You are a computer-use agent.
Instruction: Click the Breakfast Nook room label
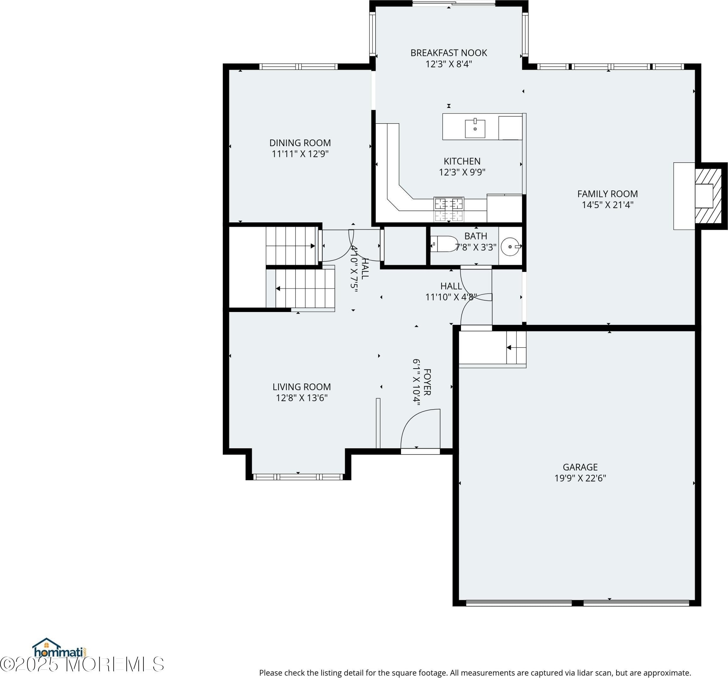coord(449,53)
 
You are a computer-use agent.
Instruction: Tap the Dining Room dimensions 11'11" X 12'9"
coord(300,153)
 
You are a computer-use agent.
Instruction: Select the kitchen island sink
coord(475,128)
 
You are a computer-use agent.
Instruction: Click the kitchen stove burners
coord(449,209)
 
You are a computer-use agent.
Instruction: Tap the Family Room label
coord(608,193)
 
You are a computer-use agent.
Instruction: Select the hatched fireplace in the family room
coord(708,196)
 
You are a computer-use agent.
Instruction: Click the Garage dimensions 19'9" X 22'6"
coord(580,478)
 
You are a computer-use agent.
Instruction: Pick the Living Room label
coord(301,387)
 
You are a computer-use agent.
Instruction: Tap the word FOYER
coord(427,382)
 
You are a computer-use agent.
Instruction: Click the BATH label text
coord(476,236)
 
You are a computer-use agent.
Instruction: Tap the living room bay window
coord(298,477)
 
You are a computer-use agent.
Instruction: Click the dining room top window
coord(298,66)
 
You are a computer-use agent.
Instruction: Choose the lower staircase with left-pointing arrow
coord(305,288)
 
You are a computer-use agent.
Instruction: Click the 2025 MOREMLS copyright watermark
coord(82,664)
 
